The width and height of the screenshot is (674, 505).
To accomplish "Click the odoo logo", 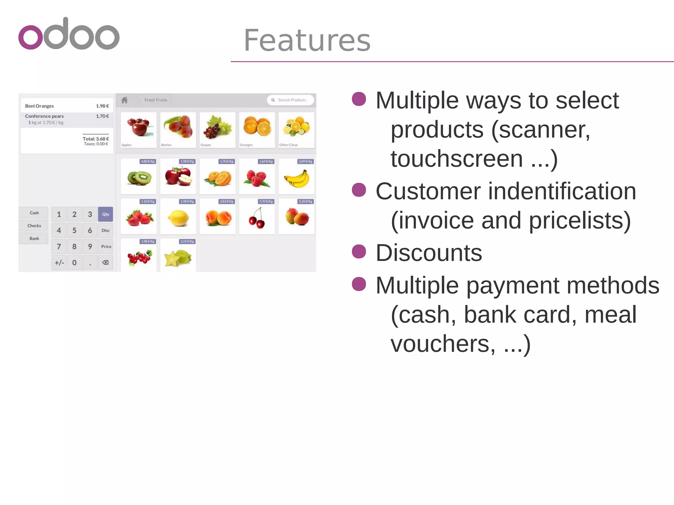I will coord(69,34).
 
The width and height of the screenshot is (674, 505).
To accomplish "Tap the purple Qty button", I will coord(105,214).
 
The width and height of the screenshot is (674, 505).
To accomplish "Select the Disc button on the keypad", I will coord(105,230).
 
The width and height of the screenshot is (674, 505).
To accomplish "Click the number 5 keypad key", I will coord(74,230).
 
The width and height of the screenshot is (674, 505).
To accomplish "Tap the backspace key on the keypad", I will coord(105,263).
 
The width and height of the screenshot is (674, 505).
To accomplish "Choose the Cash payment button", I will coord(34,213).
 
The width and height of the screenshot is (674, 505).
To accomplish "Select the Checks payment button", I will coord(34,226).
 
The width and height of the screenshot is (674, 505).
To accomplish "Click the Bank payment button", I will coord(34,238).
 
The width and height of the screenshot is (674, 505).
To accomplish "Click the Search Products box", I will coord(291,100).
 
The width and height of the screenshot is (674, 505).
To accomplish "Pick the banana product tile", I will coord(297,177).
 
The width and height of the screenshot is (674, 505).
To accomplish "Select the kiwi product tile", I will coord(139,177).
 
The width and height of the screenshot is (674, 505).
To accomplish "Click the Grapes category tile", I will coord(218,130).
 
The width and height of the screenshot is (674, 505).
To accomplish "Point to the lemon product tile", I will coord(178,217).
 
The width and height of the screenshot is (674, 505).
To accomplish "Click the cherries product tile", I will coord(257,217).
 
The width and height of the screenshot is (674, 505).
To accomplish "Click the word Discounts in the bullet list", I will coord(429,253).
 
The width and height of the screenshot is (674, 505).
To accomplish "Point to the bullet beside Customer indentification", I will coord(359,190).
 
